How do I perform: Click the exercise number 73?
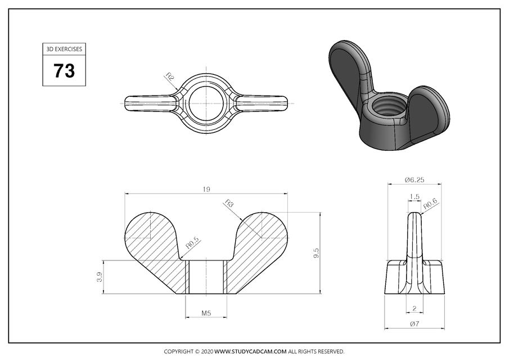tap(64, 71)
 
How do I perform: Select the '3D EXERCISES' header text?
tap(64, 49)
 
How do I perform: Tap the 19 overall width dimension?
tap(206, 190)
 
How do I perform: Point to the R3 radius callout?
tap(228, 203)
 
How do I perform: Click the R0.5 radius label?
tap(192, 243)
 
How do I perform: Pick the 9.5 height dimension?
tap(316, 253)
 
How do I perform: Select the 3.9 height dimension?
tap(100, 277)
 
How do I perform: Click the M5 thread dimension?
tap(206, 313)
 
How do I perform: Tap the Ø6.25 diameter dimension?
tap(414, 180)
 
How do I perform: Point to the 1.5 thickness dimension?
tap(415, 197)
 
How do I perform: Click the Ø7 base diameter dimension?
tap(414, 324)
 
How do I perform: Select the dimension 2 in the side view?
tap(414, 308)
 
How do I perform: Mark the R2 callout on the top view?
tap(169, 76)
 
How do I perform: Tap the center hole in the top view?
tap(206, 102)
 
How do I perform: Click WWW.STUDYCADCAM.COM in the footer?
tap(251, 352)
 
